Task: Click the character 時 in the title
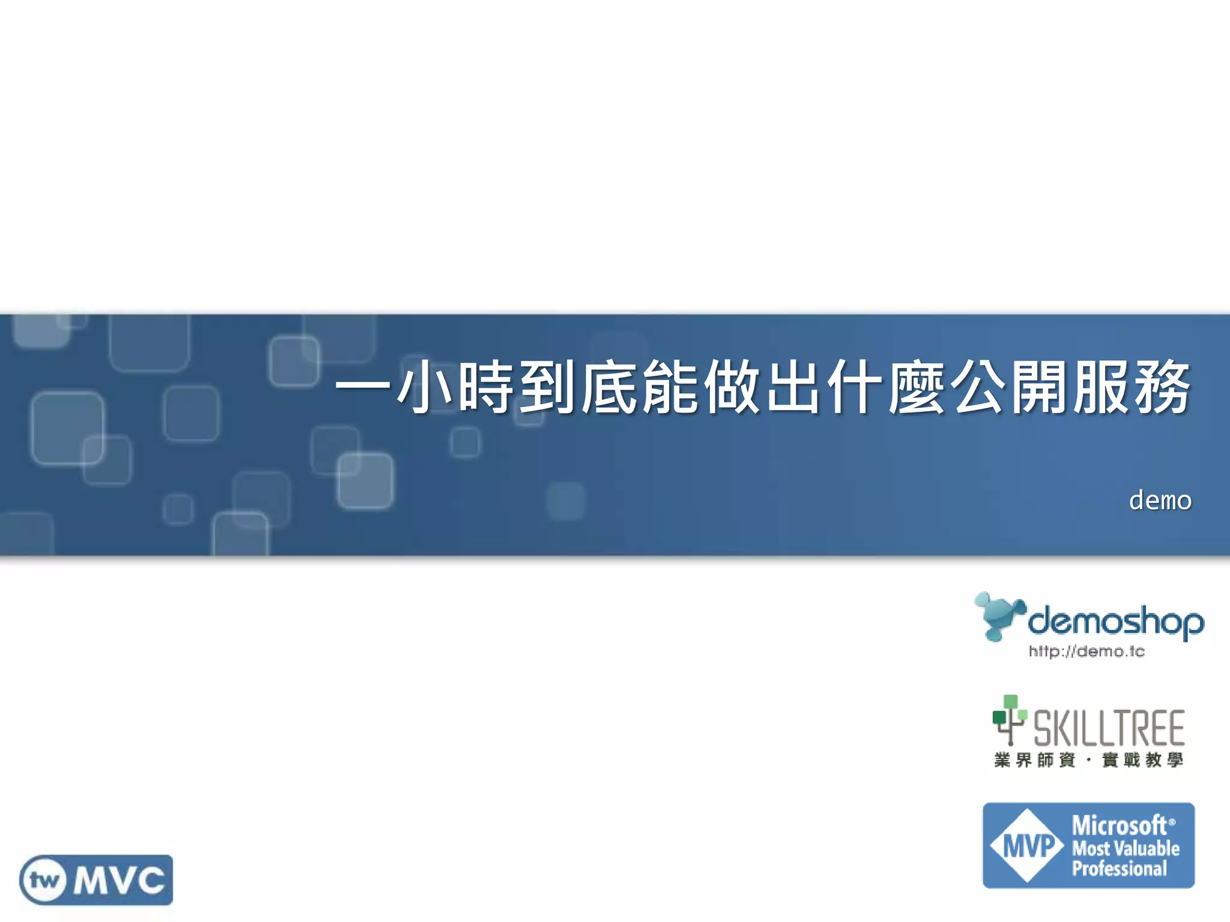(x=486, y=387)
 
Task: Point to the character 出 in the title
(x=794, y=387)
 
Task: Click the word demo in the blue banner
(x=1160, y=501)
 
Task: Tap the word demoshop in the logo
(x=1115, y=621)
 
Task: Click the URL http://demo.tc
(x=1086, y=651)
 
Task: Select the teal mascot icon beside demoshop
(x=998, y=616)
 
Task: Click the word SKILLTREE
(x=1109, y=728)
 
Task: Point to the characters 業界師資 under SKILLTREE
(x=1034, y=760)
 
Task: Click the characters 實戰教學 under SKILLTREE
(x=1142, y=760)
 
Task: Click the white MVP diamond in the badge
(x=1028, y=846)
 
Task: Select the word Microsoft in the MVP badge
(x=1119, y=826)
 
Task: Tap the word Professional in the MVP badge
(x=1119, y=869)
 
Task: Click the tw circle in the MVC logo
(x=44, y=881)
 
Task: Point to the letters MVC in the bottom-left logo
(x=119, y=881)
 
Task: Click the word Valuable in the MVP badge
(x=1147, y=848)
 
